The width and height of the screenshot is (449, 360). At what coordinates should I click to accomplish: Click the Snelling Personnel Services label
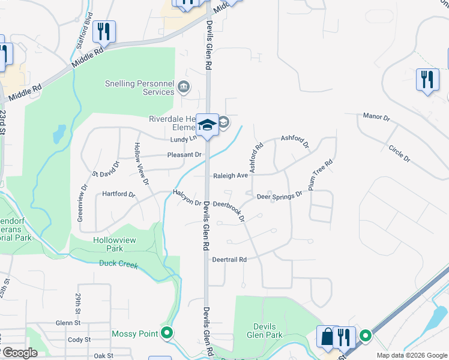click(x=139, y=88)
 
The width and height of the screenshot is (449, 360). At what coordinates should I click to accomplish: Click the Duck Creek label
click(x=119, y=264)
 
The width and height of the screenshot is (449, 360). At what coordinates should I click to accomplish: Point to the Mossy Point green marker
click(x=167, y=333)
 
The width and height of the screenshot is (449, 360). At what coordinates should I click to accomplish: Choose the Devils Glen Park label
click(x=265, y=331)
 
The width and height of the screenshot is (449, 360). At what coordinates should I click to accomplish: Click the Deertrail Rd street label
click(x=230, y=260)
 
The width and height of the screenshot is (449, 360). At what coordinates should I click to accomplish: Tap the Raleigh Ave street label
click(x=231, y=176)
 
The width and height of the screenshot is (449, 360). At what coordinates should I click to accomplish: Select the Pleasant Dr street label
click(x=184, y=155)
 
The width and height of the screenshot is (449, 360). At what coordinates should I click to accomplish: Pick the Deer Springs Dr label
click(x=279, y=196)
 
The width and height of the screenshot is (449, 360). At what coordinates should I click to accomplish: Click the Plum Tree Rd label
click(x=321, y=175)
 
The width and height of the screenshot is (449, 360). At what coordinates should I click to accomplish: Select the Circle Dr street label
click(x=399, y=154)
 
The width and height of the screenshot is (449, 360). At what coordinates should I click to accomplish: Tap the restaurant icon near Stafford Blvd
click(x=104, y=31)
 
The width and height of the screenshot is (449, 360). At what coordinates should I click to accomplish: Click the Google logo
click(x=19, y=353)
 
